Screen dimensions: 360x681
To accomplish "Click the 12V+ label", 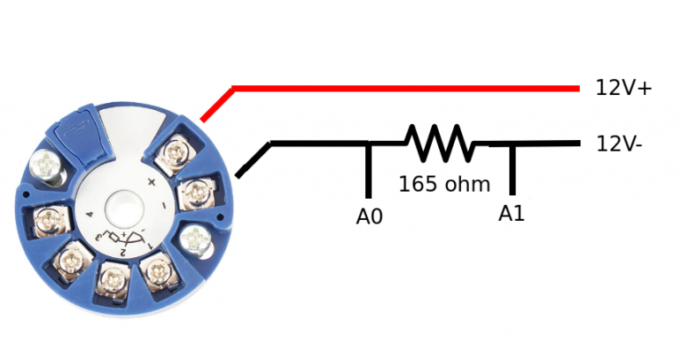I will pyautogui.click(x=623, y=88).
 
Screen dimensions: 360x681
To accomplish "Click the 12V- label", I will pyautogui.click(x=620, y=144).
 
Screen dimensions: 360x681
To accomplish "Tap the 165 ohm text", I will pyautogui.click(x=444, y=184).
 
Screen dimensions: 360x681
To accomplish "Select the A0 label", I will pyautogui.click(x=369, y=215).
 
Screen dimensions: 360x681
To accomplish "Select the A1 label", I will pyautogui.click(x=512, y=214).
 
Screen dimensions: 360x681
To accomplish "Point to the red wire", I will pyautogui.click(x=399, y=88).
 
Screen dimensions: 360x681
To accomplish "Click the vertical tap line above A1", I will pyautogui.click(x=512, y=168).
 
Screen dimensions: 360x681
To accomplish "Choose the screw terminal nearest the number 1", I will pyautogui.click(x=157, y=268).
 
